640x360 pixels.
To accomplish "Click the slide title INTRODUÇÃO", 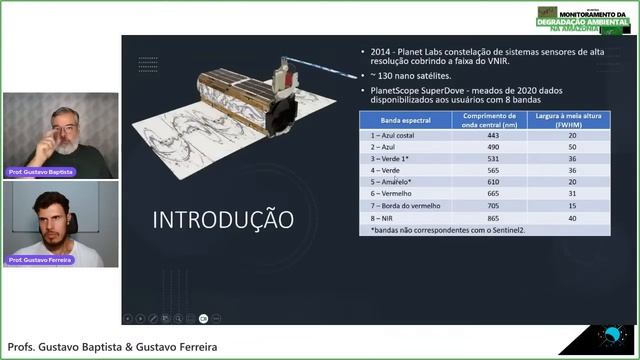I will [x=223, y=219].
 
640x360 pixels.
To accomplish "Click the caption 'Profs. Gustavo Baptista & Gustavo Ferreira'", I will [x=112, y=347].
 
